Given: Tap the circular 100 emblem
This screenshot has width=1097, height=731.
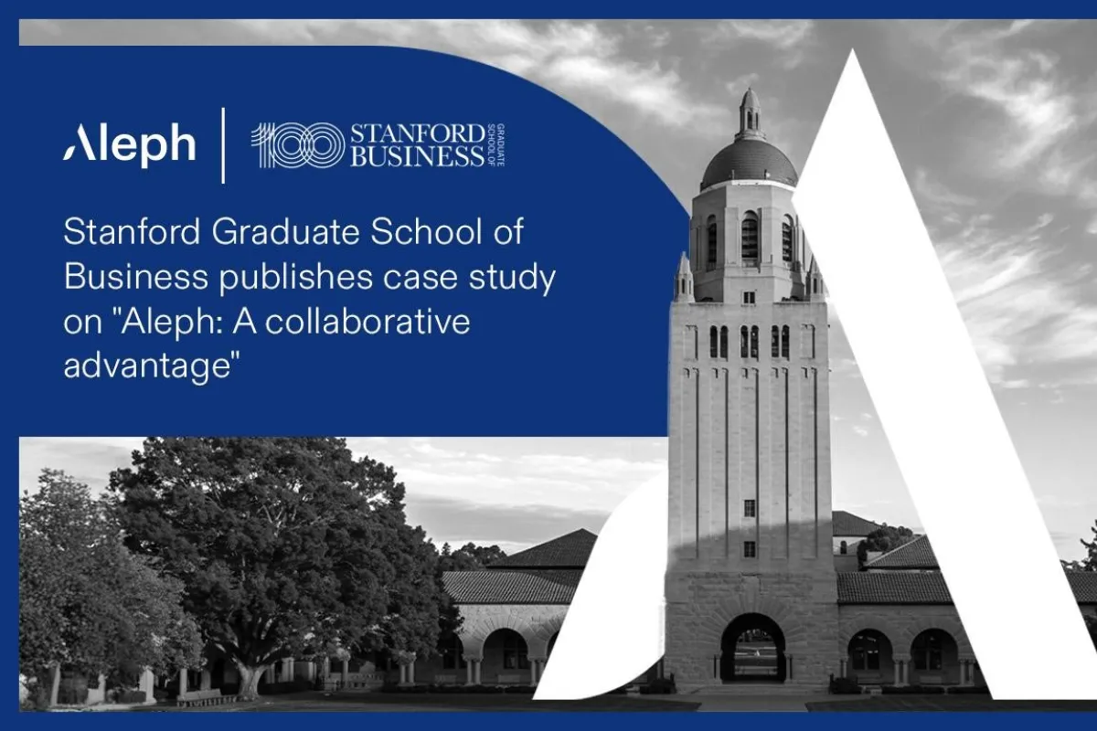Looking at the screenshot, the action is pos(298,145).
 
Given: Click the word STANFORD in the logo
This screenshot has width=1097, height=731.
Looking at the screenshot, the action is pos(418,134).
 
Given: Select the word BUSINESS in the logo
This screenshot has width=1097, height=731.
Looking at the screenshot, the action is pos(418,156).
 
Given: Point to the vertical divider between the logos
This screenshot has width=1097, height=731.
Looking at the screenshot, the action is pos(224,145).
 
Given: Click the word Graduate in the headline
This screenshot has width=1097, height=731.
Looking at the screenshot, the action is pos(285,231).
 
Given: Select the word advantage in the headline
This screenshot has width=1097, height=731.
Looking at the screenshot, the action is pos(147,367).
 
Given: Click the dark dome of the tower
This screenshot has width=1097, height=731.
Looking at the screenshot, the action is pos(749,163).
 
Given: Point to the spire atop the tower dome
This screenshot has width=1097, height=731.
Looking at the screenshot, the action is pos(750,113).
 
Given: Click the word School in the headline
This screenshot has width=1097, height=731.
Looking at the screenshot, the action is pos(427,231).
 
